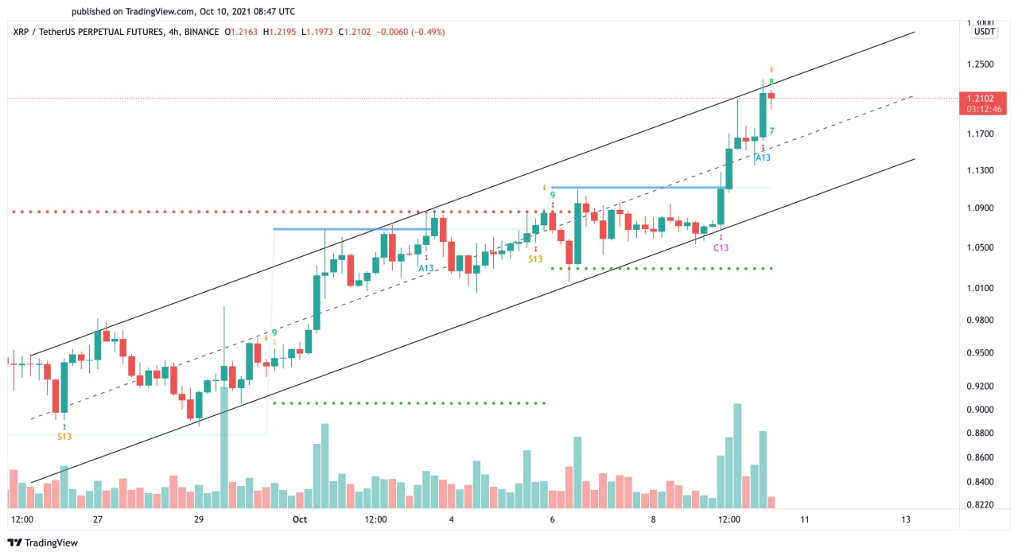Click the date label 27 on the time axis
click(98, 519)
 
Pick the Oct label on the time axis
click(299, 519)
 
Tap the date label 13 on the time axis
click(906, 519)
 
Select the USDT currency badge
click(984, 32)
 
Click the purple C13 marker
click(721, 247)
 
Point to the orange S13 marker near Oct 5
click(535, 259)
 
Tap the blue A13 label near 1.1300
click(763, 157)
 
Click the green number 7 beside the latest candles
click(772, 131)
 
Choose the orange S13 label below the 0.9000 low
click(64, 436)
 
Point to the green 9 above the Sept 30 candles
click(274, 333)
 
